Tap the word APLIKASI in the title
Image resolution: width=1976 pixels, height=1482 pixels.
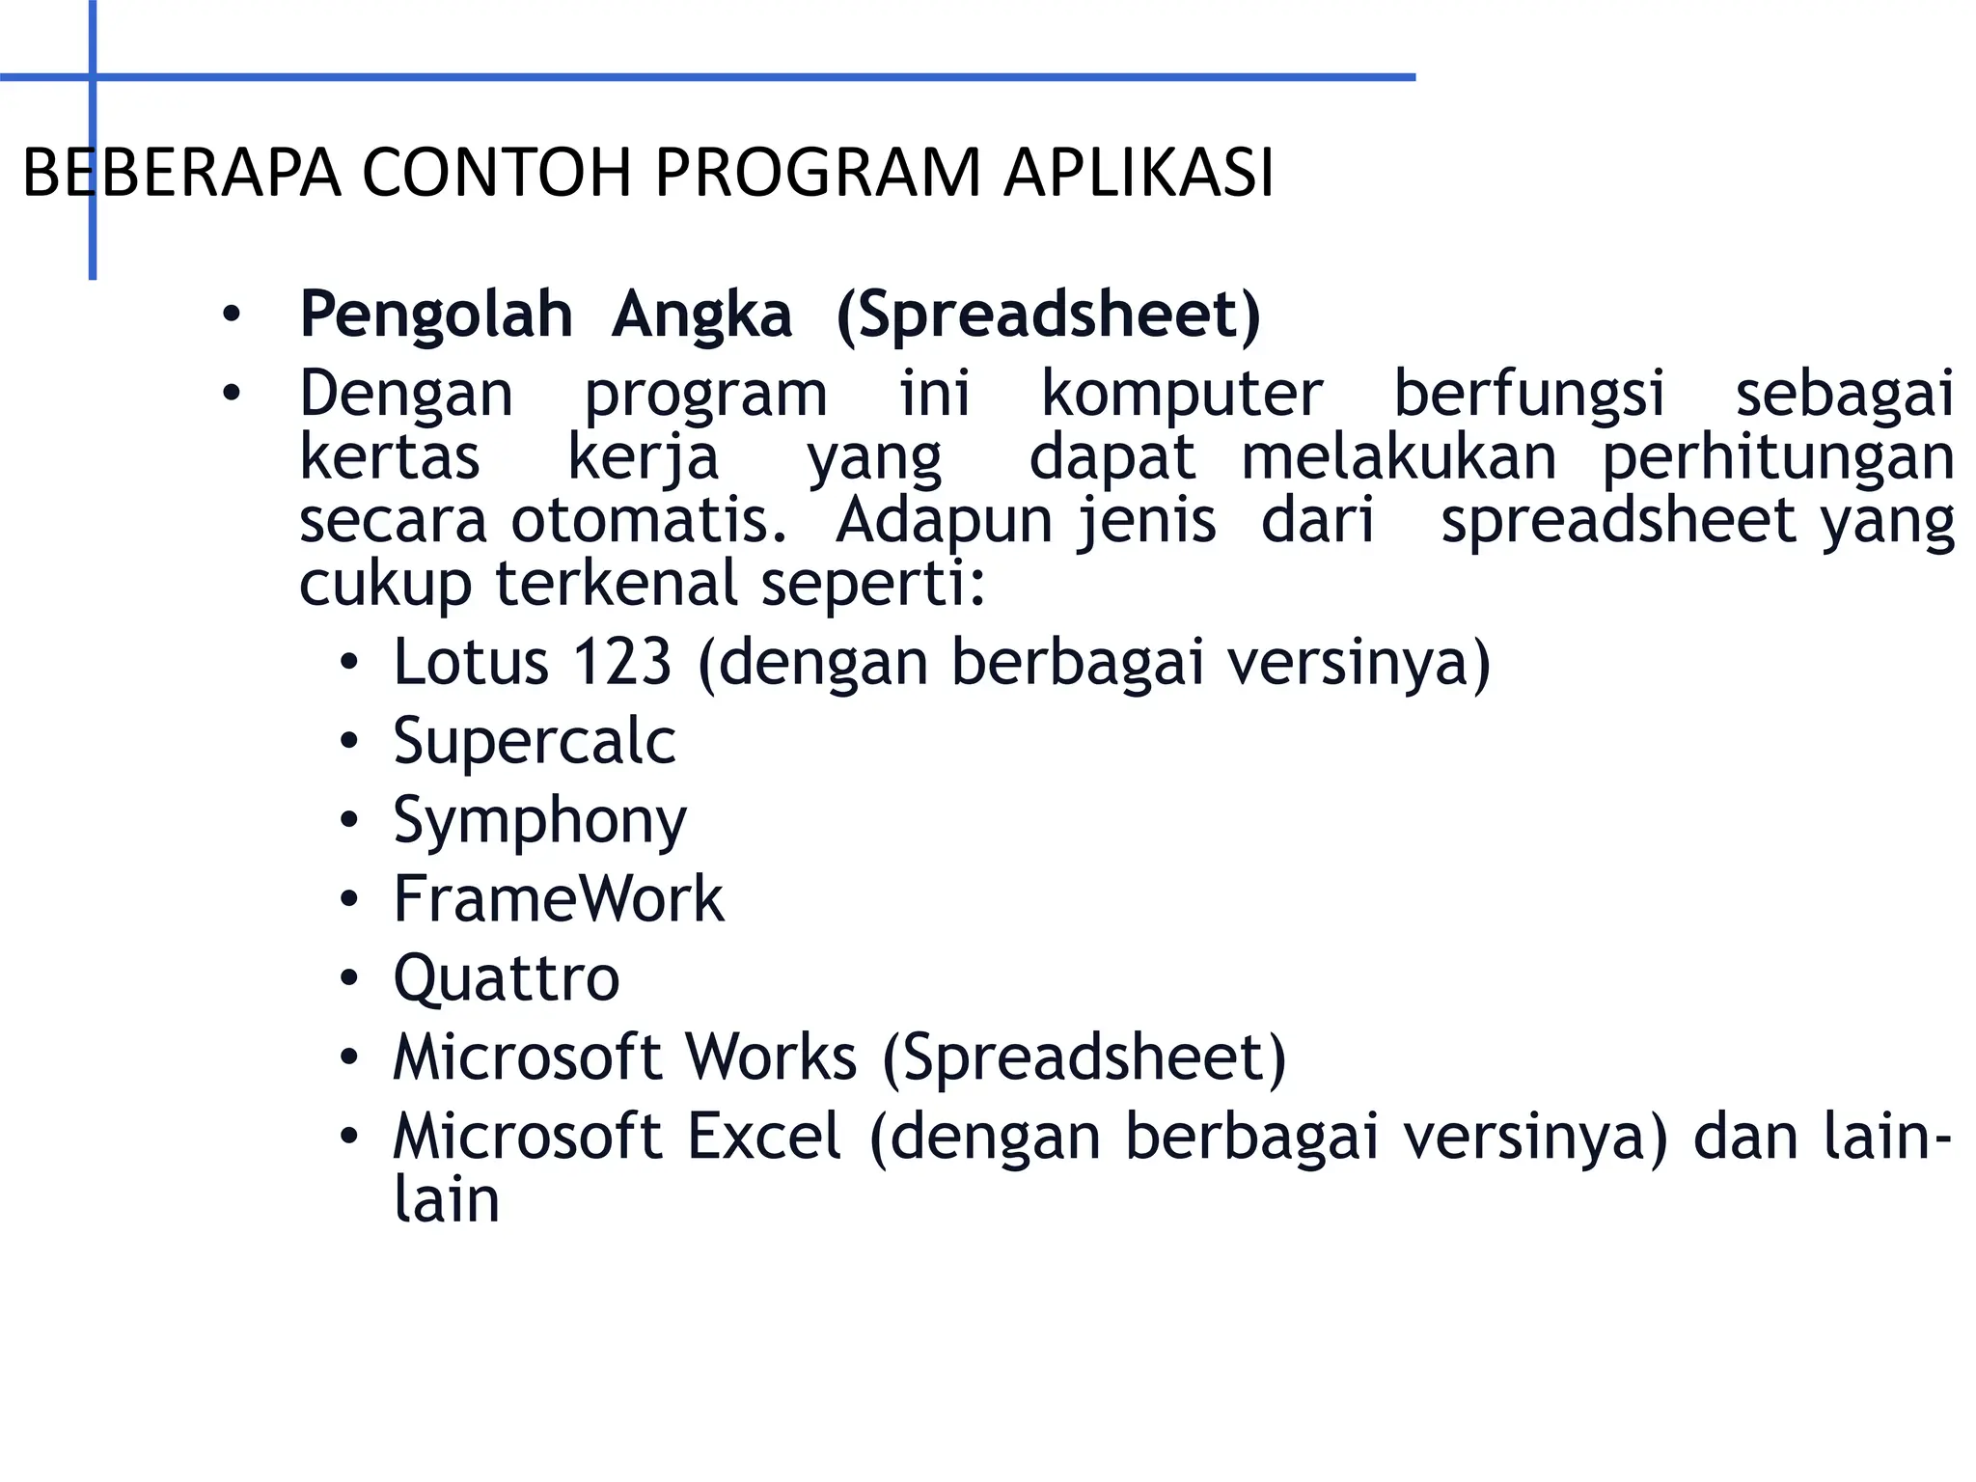[1139, 174]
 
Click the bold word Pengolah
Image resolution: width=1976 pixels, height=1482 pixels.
[436, 315]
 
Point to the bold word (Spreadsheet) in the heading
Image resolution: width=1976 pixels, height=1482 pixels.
[1049, 315]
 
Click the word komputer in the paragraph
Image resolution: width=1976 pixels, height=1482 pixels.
[1182, 394]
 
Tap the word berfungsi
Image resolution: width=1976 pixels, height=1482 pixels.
[1529, 394]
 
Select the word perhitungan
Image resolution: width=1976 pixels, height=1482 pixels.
[1778, 457]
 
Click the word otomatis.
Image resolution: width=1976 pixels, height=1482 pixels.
[648, 521]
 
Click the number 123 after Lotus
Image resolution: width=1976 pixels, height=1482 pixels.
[621, 663]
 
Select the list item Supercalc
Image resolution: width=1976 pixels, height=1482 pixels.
[535, 742]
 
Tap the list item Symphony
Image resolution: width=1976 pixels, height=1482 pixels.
[539, 822]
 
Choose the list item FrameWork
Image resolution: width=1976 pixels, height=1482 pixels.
[559, 900]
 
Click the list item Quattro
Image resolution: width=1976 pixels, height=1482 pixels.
[507, 979]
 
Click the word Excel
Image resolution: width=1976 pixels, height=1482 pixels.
[764, 1137]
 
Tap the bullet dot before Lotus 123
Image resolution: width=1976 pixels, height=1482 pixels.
[349, 663]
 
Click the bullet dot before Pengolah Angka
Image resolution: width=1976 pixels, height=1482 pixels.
[231, 315]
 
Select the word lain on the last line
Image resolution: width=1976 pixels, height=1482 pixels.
[447, 1200]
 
